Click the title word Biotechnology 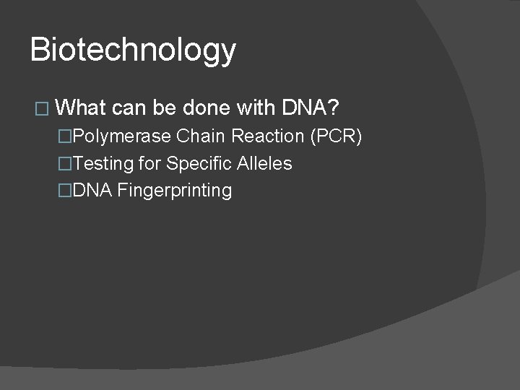pyautogui.click(x=133, y=51)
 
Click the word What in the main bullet pyautogui.click(x=80, y=108)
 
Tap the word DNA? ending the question pyautogui.click(x=311, y=108)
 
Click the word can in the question pyautogui.click(x=129, y=108)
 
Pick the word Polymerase pyautogui.click(x=122, y=136)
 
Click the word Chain pyautogui.click(x=201, y=136)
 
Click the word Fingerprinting pyautogui.click(x=174, y=191)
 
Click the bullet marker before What pyautogui.click(x=40, y=110)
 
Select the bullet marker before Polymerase pyautogui.click(x=66, y=136)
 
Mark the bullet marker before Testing pyautogui.click(x=66, y=164)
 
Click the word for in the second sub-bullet pyautogui.click(x=150, y=164)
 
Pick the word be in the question pyautogui.click(x=165, y=108)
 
